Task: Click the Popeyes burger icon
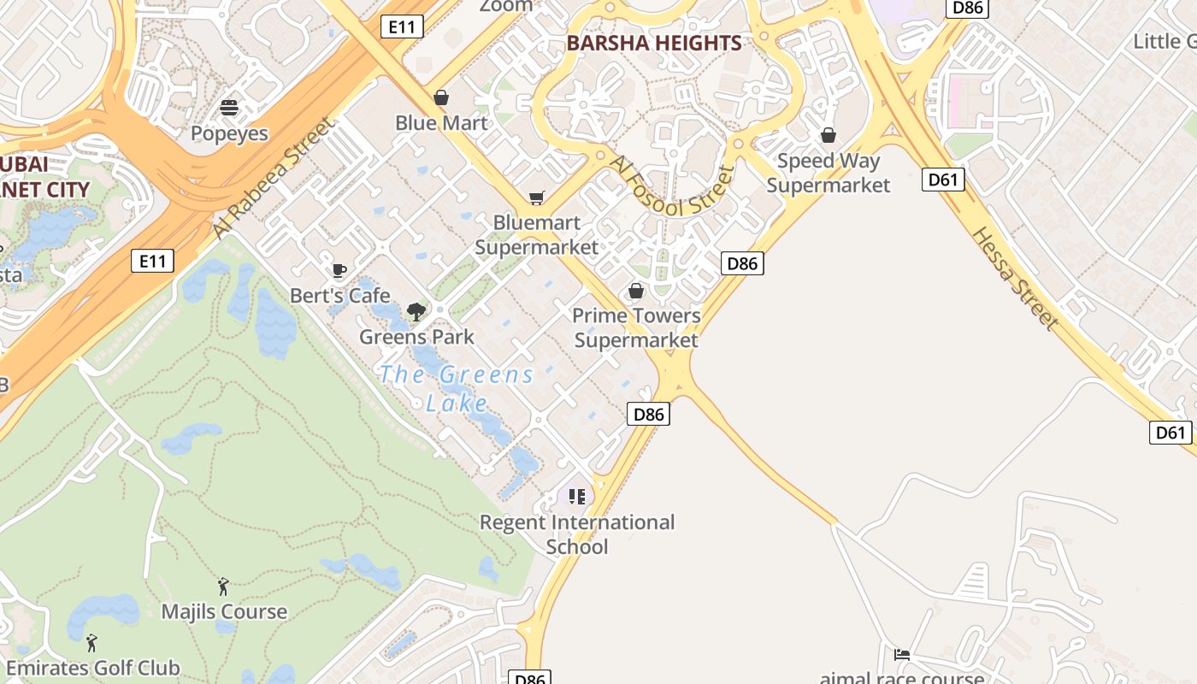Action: coord(229,107)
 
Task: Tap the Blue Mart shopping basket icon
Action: coord(441,97)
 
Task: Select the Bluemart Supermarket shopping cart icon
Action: coord(536,198)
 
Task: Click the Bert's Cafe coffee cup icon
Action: coord(339,271)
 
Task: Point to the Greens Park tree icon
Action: coord(416,311)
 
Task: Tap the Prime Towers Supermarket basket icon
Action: coord(636,291)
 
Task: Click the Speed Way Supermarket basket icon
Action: coord(828,135)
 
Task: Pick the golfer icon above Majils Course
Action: coord(223,587)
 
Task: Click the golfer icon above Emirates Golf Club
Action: coord(91,643)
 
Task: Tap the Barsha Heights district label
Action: coord(654,43)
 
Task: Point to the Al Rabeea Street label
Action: coord(274,179)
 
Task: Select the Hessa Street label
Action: coord(1015,278)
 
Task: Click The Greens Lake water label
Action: coord(457,388)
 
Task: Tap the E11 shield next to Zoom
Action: coord(401,27)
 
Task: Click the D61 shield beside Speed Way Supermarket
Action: coord(944,180)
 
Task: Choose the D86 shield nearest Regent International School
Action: coord(648,415)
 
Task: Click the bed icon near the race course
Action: coord(902,655)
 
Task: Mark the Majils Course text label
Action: coord(224,612)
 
